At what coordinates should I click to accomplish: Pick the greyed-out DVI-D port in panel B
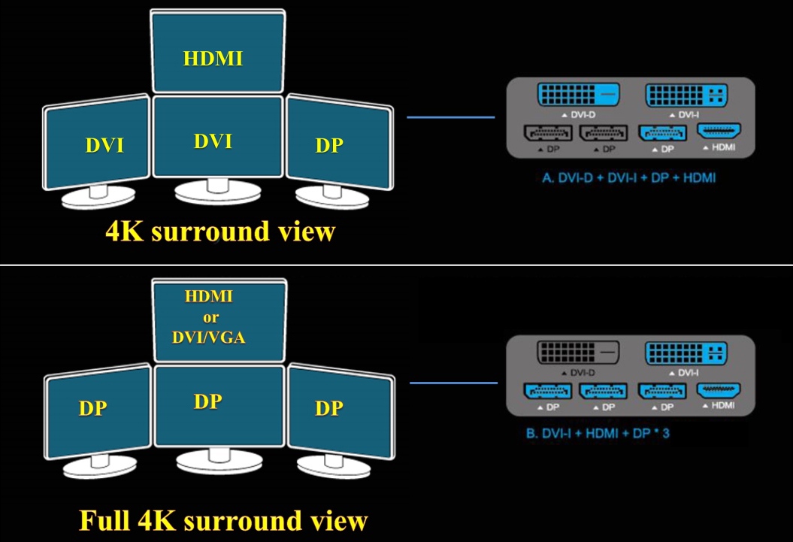577,353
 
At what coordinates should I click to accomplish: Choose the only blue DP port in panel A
661,133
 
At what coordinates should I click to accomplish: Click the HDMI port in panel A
719,132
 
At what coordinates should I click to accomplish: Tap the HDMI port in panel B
719,390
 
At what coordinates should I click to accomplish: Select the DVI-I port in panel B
686,353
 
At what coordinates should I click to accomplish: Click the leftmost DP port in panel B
548,392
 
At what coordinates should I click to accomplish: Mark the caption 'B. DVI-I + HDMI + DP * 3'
598,435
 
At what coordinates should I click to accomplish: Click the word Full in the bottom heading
107,521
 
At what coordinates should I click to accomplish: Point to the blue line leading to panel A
451,117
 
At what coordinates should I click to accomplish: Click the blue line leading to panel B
453,383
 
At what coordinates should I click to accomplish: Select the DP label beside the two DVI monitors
328,146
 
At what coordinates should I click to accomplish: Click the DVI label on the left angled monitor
104,146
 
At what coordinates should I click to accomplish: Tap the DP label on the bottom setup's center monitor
207,401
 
